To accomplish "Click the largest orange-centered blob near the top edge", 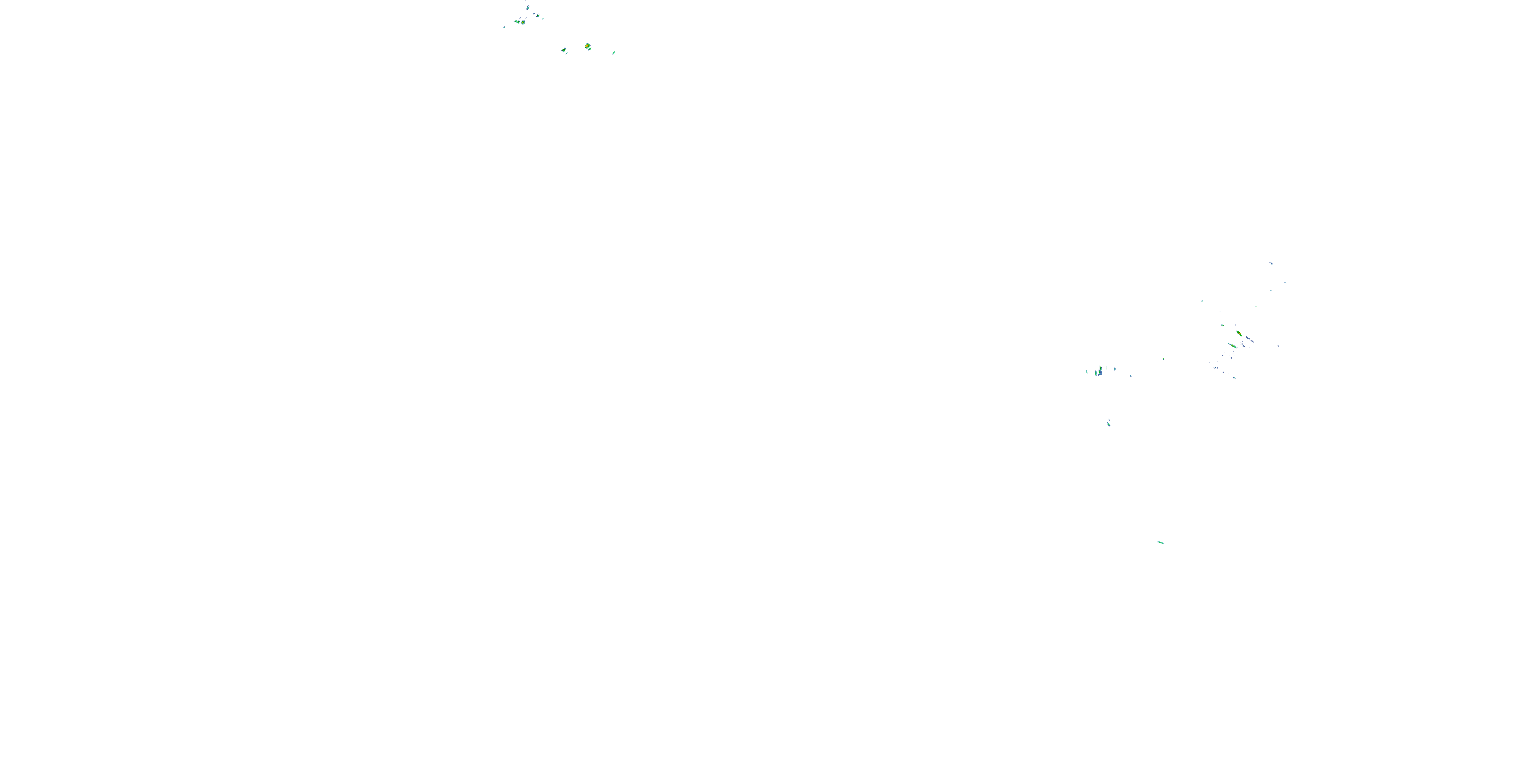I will [588, 46].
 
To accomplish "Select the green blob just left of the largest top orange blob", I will [563, 50].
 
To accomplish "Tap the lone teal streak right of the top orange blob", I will [614, 52].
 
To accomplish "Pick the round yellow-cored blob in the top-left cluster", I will [523, 22].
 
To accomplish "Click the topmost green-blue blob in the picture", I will [527, 7].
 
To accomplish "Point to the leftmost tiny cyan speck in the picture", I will [504, 27].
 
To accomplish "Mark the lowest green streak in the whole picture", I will [1160, 542].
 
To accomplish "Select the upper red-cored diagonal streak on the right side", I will [1239, 333].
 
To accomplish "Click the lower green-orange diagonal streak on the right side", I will [1231, 345].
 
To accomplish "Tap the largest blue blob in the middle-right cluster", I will [1100, 371].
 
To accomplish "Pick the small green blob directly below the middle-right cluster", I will [1109, 423].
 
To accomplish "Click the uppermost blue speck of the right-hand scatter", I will [1271, 262].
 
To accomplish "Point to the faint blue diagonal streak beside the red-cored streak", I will [1250, 340].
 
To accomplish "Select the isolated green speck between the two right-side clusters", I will [1163, 358].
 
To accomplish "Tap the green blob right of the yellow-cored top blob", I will [537, 15].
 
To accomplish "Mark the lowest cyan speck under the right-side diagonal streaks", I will [1234, 377].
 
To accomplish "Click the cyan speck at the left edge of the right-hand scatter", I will [1202, 301].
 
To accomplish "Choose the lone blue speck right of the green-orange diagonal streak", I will [1278, 346].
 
